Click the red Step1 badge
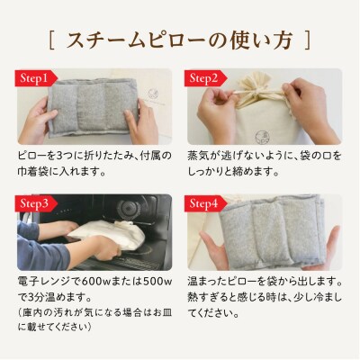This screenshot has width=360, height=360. [36, 78]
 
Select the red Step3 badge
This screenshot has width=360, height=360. [36, 203]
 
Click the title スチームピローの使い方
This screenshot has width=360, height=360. [179, 40]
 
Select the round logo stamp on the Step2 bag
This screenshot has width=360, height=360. [262, 136]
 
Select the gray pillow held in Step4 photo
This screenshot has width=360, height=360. [272, 230]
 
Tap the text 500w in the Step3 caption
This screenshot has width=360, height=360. [157, 282]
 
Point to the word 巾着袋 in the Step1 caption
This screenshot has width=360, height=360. [31, 172]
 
